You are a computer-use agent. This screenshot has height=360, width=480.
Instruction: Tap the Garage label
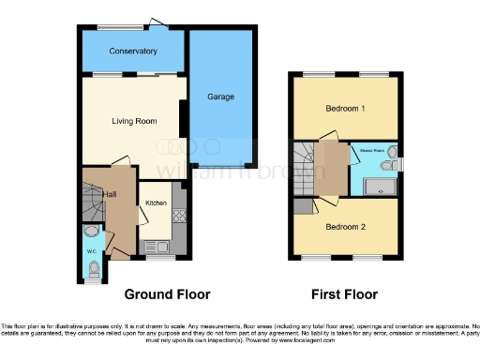[x=220, y=97]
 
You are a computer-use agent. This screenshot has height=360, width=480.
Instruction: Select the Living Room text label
[x=132, y=120]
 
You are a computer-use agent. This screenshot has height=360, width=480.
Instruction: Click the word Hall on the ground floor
[x=111, y=193]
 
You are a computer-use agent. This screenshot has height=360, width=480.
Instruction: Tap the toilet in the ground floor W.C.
[x=91, y=270]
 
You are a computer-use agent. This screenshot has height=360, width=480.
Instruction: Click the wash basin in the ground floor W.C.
[x=91, y=231]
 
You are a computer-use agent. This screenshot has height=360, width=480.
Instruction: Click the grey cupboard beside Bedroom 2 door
[x=301, y=207]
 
